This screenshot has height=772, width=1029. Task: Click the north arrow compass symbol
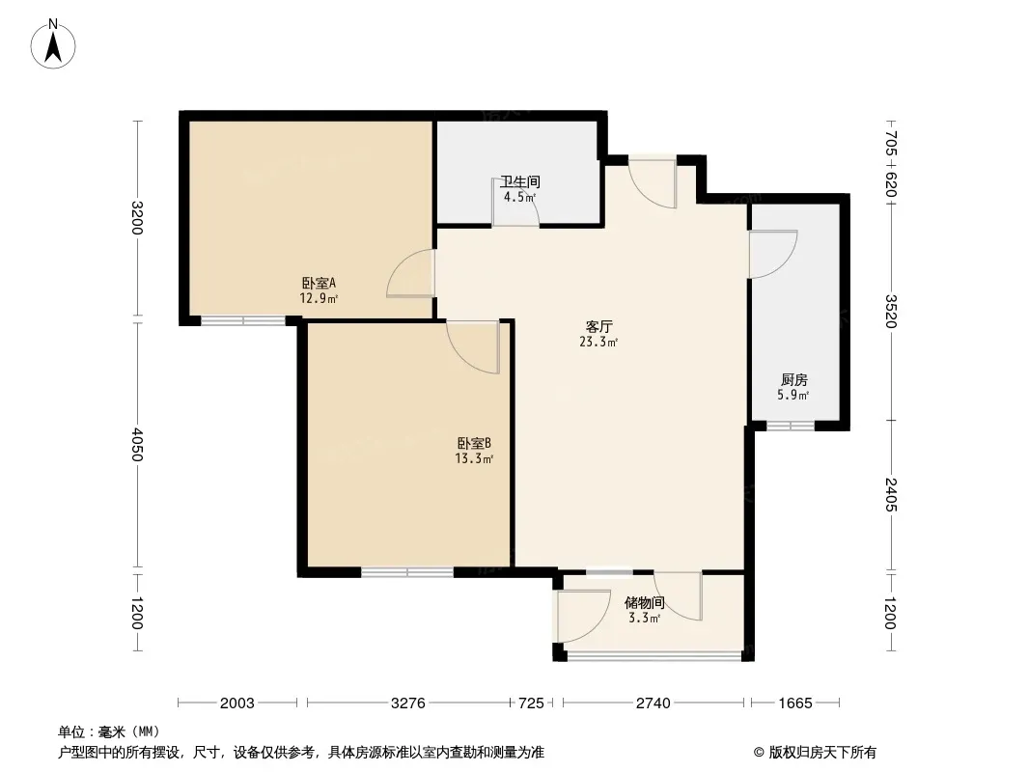[x=53, y=43]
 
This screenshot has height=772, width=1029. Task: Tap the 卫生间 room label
[x=519, y=181]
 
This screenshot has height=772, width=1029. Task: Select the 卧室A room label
[x=319, y=284]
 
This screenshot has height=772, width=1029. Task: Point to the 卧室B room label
[x=475, y=443]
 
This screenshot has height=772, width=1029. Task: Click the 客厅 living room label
[x=598, y=326]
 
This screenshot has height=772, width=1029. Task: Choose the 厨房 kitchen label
[x=794, y=380]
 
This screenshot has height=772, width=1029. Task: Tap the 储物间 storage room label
[x=645, y=603]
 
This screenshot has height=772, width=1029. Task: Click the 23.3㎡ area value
[x=598, y=342]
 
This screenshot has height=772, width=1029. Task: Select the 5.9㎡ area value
[x=793, y=395]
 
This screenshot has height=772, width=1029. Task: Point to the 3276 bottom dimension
[x=408, y=703]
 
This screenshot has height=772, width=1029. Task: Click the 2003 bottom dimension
[x=236, y=703]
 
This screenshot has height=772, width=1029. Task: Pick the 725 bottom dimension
[x=532, y=703]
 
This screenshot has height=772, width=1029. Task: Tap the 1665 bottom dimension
[x=795, y=703]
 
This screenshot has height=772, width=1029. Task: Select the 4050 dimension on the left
[x=136, y=445]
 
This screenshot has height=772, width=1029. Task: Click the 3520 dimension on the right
[x=891, y=311]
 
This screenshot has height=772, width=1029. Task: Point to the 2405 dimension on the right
[x=891, y=494]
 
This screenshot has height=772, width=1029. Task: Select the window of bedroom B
[x=407, y=572]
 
